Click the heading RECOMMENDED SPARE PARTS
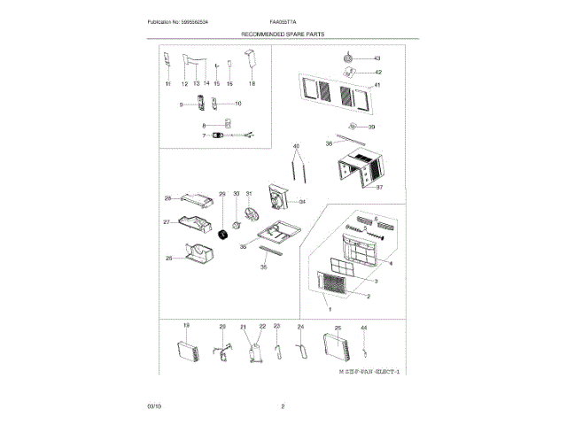pyautogui.click(x=283, y=33)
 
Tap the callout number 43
pyautogui.click(x=377, y=58)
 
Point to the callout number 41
pyautogui.click(x=377, y=85)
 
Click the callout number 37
pyautogui.click(x=379, y=188)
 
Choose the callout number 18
pyautogui.click(x=251, y=83)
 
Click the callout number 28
pyautogui.click(x=167, y=198)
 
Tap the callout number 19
pyautogui.click(x=186, y=327)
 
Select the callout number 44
pyautogui.click(x=363, y=328)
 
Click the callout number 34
pyautogui.click(x=301, y=202)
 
